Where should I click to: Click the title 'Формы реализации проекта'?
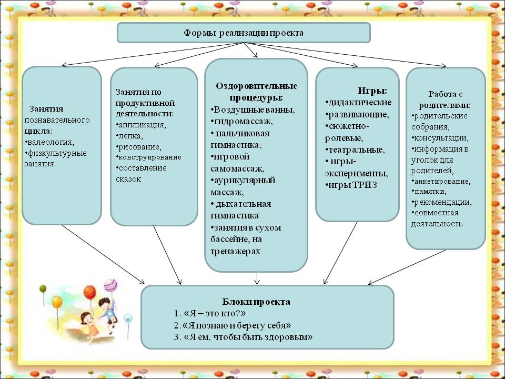click(x=244, y=33)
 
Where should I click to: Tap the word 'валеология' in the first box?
click(x=50, y=142)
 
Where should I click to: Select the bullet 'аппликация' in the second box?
click(x=142, y=125)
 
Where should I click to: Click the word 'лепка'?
click(x=130, y=136)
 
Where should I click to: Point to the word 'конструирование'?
click(x=150, y=157)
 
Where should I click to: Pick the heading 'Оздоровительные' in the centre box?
click(x=256, y=86)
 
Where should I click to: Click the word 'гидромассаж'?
click(x=243, y=122)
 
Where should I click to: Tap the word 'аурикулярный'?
click(x=245, y=180)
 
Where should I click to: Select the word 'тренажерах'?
click(x=236, y=252)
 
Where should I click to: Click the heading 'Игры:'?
click(x=372, y=91)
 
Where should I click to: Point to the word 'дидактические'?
click(x=360, y=103)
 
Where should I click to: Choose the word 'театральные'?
click(x=356, y=150)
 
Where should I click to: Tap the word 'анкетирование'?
click(x=442, y=182)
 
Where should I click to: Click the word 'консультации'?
click(x=441, y=138)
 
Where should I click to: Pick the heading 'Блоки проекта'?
click(x=256, y=302)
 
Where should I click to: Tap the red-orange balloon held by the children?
click(x=90, y=292)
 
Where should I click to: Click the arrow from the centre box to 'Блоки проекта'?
click(x=257, y=279)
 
